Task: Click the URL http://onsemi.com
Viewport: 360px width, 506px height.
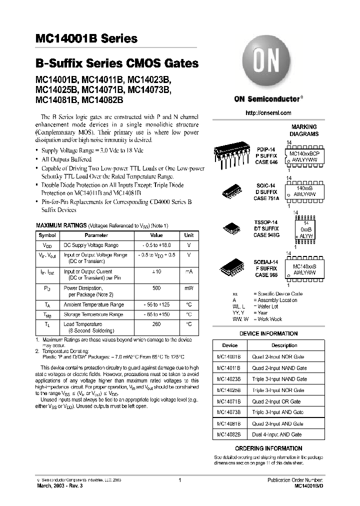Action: click(x=268, y=113)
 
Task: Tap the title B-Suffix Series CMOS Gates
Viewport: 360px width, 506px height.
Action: click(x=116, y=64)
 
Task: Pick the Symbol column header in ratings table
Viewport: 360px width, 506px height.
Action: click(x=47, y=235)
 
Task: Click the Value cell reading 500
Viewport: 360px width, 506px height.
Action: click(x=156, y=288)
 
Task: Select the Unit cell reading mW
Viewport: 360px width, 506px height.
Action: click(x=188, y=288)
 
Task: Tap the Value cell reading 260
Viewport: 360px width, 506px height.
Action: click(x=156, y=324)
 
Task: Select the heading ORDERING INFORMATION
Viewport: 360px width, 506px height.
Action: click(x=268, y=448)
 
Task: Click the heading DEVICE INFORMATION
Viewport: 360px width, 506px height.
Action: click(x=268, y=333)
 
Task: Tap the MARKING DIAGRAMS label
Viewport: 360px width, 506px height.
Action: click(x=304, y=130)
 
